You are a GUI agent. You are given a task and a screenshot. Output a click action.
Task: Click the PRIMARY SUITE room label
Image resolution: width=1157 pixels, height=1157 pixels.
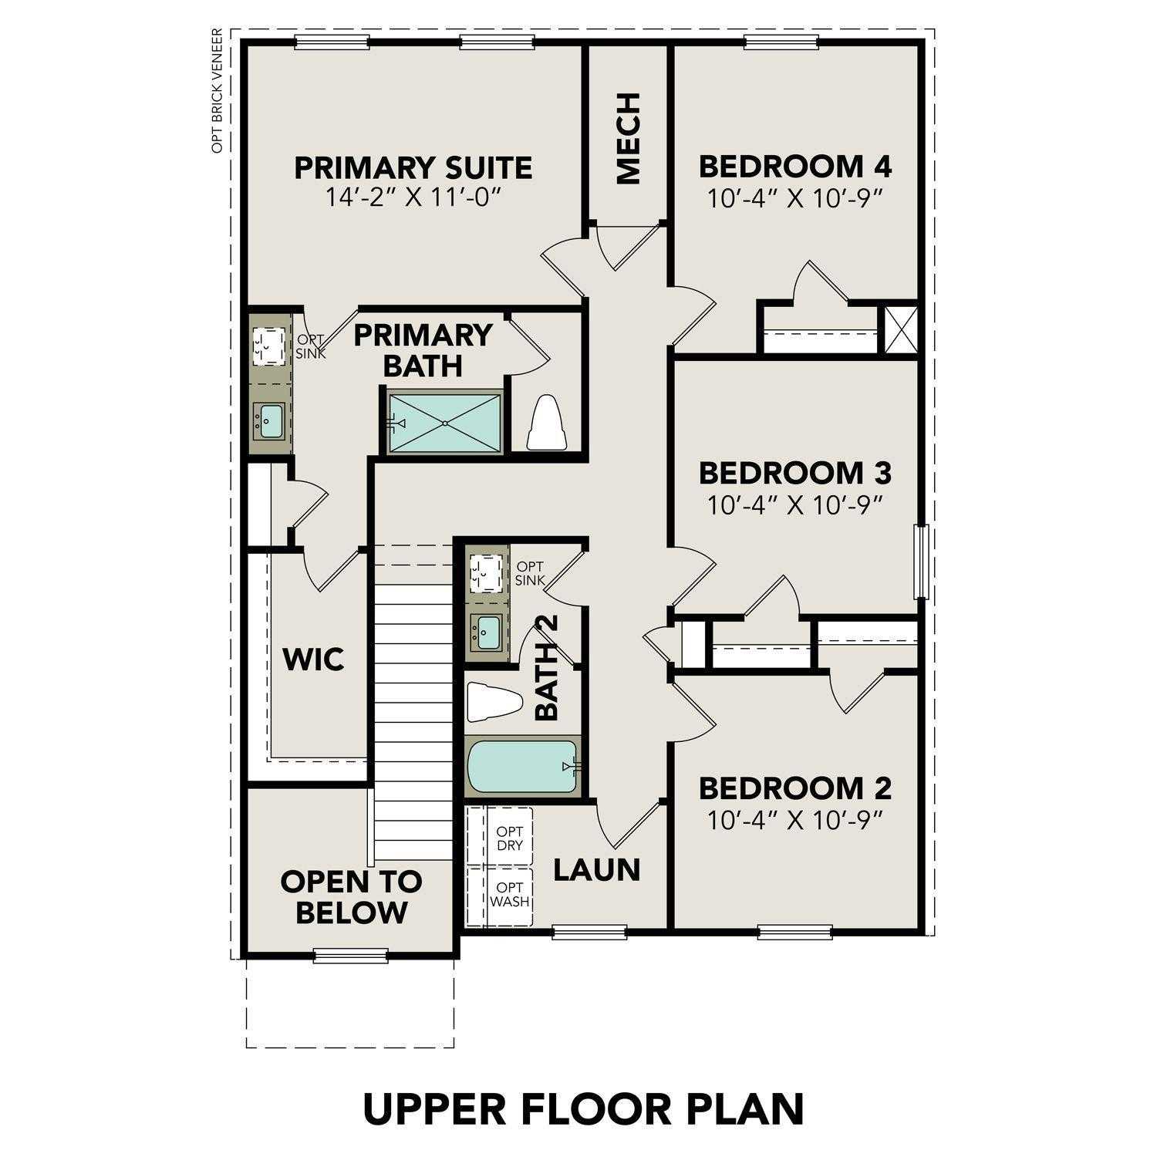[413, 167]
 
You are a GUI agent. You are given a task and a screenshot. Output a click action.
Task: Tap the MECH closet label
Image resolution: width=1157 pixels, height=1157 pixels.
[629, 139]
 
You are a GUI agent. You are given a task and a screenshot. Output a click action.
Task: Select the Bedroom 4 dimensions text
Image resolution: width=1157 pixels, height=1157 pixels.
[794, 199]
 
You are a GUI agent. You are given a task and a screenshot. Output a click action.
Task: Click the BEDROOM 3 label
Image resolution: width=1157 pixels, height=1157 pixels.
[794, 471]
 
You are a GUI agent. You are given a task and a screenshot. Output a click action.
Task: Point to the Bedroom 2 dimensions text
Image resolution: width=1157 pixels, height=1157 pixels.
[794, 820]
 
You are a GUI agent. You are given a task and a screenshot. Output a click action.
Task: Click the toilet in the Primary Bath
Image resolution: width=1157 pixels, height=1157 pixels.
[547, 424]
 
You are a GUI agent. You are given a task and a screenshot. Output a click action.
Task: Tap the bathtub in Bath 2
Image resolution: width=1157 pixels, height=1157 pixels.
[522, 766]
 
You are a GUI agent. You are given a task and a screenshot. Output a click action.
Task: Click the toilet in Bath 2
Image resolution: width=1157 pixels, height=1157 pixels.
[494, 702]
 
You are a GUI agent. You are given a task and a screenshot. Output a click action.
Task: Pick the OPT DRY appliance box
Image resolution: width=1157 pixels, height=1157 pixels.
[509, 838]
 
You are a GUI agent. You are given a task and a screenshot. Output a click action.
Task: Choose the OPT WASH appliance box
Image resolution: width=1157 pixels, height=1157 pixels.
[509, 895]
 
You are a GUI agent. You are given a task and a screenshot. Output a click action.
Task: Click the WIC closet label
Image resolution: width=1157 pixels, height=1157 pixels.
[313, 660]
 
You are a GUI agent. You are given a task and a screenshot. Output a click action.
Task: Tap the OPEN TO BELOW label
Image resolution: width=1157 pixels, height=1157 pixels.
[351, 897]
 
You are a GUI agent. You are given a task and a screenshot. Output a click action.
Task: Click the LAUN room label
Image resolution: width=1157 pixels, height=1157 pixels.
[597, 870]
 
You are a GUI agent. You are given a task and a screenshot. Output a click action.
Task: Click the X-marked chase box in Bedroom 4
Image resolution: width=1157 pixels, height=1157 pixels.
[900, 330]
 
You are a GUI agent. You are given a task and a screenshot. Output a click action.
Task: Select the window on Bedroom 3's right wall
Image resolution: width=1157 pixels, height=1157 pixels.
[919, 562]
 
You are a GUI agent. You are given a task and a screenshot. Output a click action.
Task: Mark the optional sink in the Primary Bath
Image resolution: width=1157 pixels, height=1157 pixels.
[269, 346]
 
